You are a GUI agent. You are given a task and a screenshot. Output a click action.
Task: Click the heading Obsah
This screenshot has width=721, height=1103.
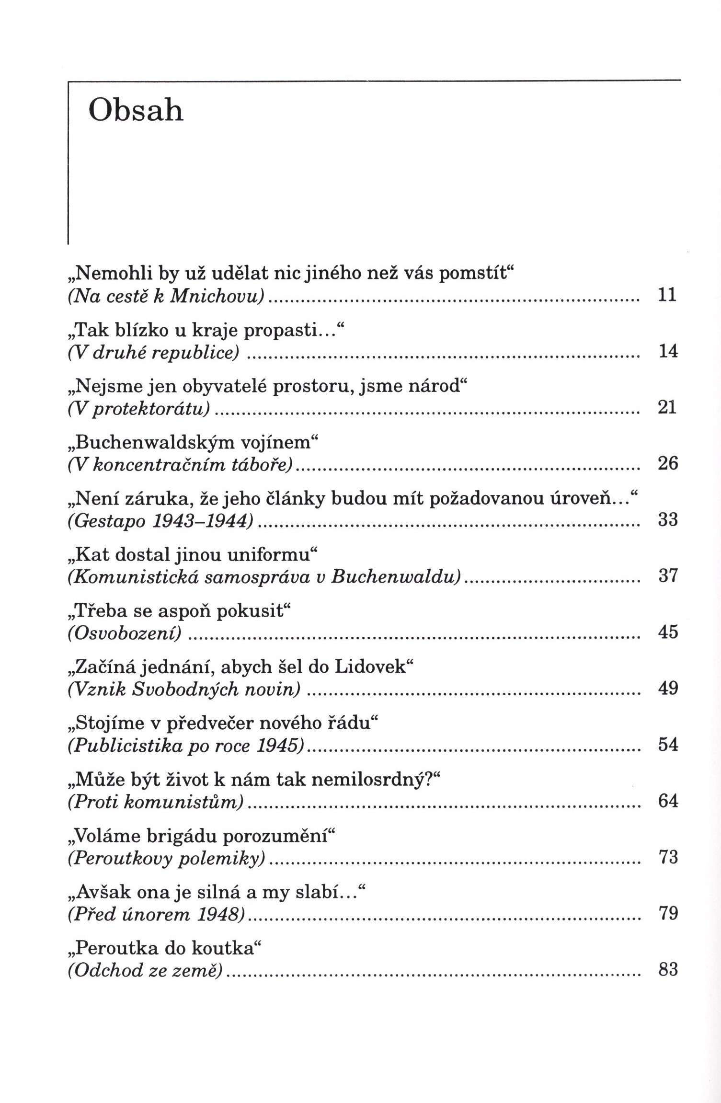136,111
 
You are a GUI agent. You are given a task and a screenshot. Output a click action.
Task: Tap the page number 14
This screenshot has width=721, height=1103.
668,351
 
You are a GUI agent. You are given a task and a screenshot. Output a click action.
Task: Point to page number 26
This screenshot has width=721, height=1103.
668,464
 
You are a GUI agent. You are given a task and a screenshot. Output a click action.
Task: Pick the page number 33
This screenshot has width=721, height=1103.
668,520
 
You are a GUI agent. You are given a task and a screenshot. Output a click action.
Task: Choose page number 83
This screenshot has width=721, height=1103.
668,970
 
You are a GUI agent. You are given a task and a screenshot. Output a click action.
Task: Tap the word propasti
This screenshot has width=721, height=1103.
293,330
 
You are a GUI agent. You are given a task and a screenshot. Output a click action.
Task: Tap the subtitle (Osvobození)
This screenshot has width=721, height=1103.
126,633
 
